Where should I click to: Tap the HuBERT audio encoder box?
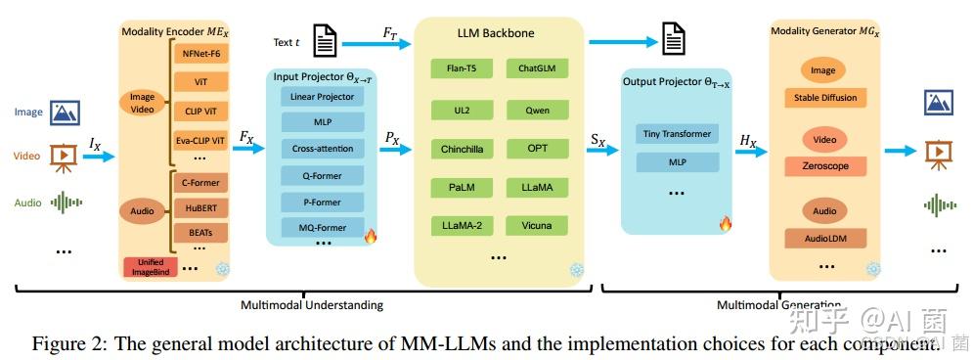click(199, 207)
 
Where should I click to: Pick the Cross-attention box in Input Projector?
click(323, 150)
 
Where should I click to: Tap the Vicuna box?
click(537, 226)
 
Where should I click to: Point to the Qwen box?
click(537, 110)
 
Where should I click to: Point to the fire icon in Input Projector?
click(370, 236)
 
